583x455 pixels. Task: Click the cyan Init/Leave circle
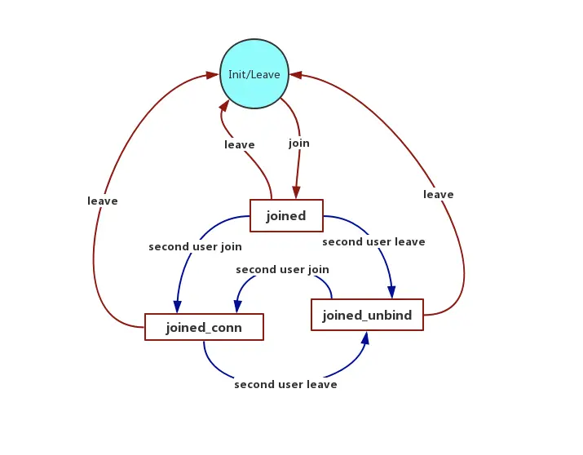[x=254, y=74]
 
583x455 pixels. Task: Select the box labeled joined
[x=286, y=216]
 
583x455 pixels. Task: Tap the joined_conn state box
[x=204, y=328]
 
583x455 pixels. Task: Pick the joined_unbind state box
[x=367, y=315]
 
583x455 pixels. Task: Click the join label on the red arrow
[x=299, y=144]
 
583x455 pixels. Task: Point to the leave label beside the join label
[x=240, y=145]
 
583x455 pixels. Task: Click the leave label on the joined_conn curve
[x=103, y=201]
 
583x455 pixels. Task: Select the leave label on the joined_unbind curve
[x=439, y=195]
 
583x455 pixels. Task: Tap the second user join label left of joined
[x=195, y=246]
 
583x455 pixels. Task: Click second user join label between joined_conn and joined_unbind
[x=282, y=269]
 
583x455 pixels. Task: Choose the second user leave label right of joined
[x=373, y=242]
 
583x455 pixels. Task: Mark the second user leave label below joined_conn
[x=285, y=385]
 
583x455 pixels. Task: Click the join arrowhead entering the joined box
[x=295, y=193]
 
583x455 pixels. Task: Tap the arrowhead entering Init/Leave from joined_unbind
[x=296, y=74]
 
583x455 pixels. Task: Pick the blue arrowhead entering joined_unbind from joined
[x=392, y=292]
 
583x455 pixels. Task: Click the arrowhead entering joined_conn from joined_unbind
[x=237, y=307]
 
